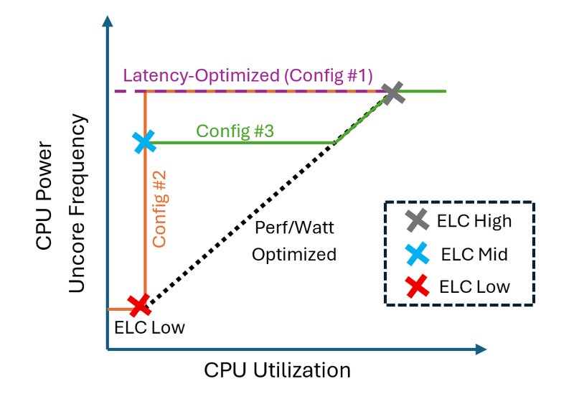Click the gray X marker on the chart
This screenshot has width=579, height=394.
click(393, 93)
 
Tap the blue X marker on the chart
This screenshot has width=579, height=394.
click(145, 142)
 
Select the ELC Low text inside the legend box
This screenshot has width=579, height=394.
click(474, 287)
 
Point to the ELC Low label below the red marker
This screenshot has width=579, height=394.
click(150, 329)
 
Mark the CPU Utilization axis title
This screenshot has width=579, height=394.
click(277, 370)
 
